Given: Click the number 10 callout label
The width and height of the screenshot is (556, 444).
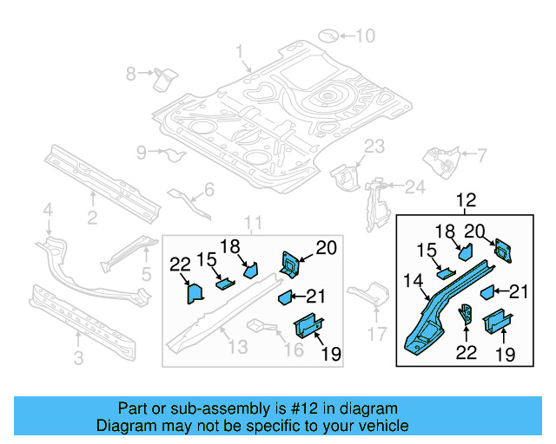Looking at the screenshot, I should coord(364,36).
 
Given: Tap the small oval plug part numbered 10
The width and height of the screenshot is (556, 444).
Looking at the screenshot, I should coord(329,36).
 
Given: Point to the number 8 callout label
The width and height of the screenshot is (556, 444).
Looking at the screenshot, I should coord(131,74).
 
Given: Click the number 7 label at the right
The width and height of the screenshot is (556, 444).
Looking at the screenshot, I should coord(480,156).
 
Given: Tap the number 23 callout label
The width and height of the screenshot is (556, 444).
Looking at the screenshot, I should coord(374,146).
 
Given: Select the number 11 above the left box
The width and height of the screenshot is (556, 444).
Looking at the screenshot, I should coord(252,223).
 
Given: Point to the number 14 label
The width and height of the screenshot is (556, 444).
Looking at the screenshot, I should coord(414,279).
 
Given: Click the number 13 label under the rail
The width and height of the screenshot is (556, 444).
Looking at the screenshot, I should coord(236,349).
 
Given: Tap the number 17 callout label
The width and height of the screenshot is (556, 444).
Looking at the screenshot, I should coord(376,334).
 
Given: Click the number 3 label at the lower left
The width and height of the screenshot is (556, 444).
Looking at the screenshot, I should coord(80,357).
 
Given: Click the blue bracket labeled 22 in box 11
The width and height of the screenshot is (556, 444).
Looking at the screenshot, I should coord(191,292).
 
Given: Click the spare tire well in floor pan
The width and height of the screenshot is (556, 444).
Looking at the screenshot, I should coord(328,93).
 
